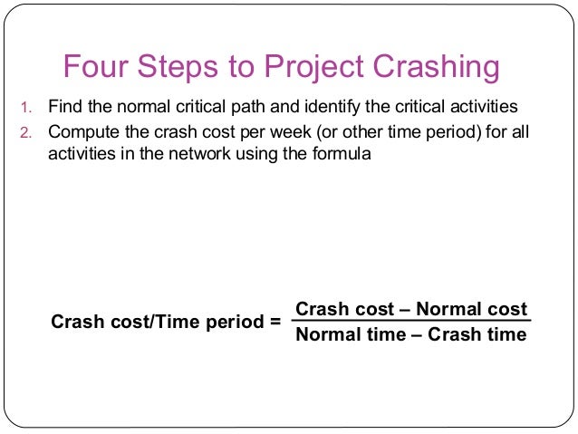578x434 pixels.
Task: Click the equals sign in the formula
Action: pos(276,322)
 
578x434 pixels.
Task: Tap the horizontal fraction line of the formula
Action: pos(411,322)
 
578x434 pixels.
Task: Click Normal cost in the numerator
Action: pos(471,309)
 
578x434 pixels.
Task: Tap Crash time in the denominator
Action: pos(477,334)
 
